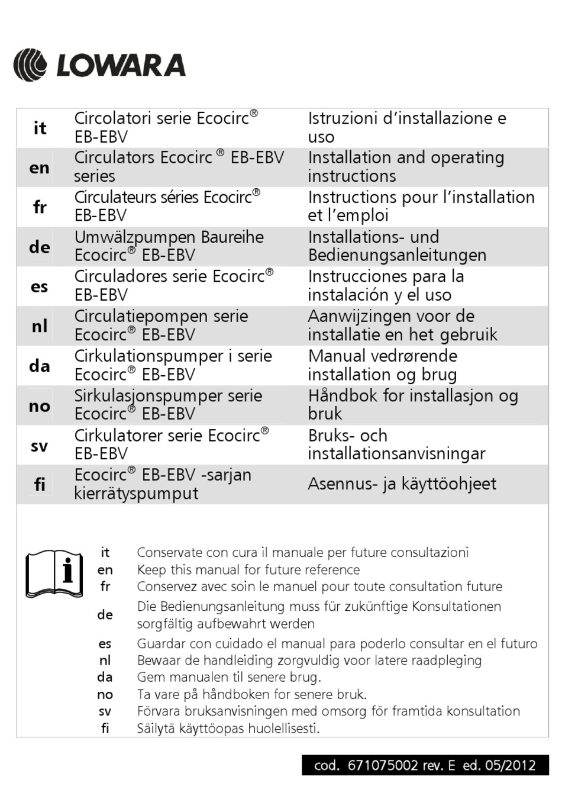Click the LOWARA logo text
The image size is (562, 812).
point(121,65)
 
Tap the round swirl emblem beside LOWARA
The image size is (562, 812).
point(30,65)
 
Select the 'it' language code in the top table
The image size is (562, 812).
point(40,128)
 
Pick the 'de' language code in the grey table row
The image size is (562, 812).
point(40,247)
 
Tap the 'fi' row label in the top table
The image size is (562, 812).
point(40,485)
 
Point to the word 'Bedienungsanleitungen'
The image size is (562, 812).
point(397,255)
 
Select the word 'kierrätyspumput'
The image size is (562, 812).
point(136,493)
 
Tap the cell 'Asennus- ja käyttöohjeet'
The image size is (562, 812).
point(402,484)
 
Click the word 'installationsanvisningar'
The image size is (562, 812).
point(396,453)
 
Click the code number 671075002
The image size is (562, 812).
point(383,765)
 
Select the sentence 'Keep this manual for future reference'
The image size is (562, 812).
point(248,570)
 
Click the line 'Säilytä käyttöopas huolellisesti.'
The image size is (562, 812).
point(228,729)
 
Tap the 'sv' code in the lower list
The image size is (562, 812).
point(105,711)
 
